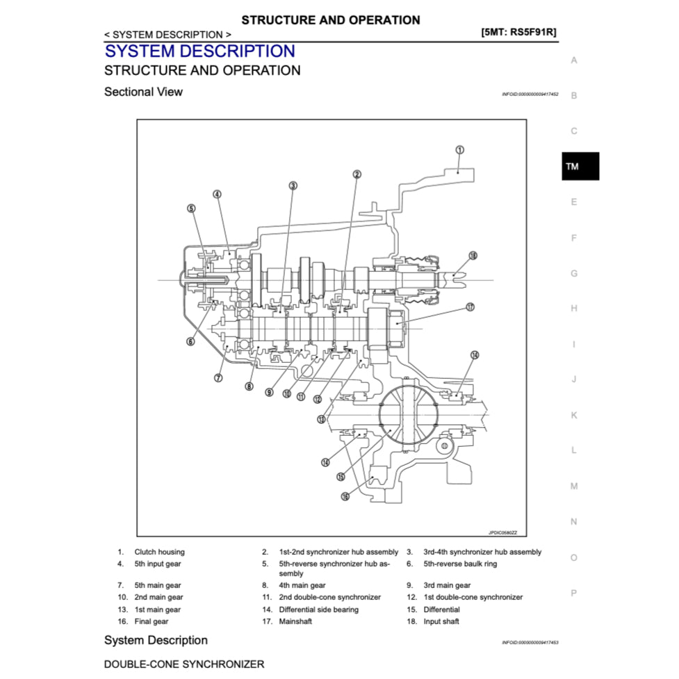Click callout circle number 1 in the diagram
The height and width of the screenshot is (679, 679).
tap(459, 149)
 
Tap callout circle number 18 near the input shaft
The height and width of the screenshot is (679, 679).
tap(473, 256)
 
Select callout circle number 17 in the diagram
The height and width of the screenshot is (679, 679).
tap(470, 306)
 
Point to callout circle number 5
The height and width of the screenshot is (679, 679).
tap(191, 208)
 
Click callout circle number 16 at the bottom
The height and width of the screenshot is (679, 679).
tap(345, 496)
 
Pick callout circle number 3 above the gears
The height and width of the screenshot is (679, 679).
tap(293, 186)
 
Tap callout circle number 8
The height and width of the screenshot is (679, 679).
tap(249, 386)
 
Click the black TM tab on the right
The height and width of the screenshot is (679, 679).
tap(580, 167)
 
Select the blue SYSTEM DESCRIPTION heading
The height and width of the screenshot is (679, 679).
tap(199, 51)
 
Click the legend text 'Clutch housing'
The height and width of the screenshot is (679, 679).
tap(159, 552)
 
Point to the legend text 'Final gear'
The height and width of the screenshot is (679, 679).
tap(151, 621)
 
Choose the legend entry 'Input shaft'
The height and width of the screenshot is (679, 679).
tap(441, 621)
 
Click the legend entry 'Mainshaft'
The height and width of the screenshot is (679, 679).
tap(295, 621)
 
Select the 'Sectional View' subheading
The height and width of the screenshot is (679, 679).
tap(143, 92)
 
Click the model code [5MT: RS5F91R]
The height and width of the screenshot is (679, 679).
tap(518, 32)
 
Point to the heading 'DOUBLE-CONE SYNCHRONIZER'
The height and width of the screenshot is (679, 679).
tap(183, 664)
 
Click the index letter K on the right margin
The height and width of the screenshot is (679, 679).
tap(573, 415)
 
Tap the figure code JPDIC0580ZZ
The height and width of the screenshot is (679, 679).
tap(502, 532)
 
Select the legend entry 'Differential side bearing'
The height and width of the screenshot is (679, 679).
tap(318, 610)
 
